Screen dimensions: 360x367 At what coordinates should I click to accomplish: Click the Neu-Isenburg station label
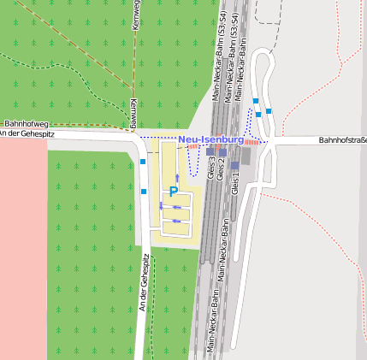click(x=211, y=139)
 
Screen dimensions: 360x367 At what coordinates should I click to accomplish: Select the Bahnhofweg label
click(x=22, y=124)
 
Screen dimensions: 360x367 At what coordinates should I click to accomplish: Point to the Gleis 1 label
click(x=236, y=185)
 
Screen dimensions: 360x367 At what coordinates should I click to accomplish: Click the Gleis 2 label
click(x=222, y=168)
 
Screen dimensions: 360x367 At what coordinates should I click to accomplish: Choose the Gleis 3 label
click(x=211, y=167)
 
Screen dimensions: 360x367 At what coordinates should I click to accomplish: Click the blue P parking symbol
click(x=173, y=192)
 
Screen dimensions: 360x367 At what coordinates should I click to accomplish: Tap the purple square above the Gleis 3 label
click(x=210, y=150)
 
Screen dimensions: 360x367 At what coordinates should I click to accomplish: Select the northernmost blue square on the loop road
click(x=255, y=101)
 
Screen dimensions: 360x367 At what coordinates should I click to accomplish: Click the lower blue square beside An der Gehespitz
click(x=144, y=192)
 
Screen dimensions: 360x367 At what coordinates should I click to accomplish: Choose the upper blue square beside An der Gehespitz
click(x=143, y=161)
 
